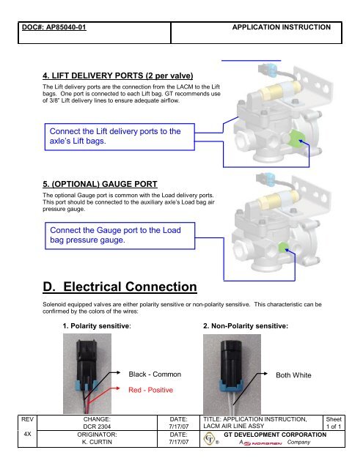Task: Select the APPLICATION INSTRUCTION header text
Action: (x=282, y=27)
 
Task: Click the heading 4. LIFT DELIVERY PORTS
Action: (x=117, y=75)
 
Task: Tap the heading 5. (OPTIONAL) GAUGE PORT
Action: (x=100, y=184)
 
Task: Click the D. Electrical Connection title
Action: (x=120, y=287)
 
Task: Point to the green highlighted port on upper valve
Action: (x=297, y=139)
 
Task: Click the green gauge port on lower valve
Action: (x=283, y=247)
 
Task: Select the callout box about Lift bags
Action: (x=120, y=137)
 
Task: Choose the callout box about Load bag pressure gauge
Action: (x=120, y=236)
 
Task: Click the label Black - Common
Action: (x=155, y=374)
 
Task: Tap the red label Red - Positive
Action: (x=150, y=390)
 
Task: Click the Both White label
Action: (x=293, y=375)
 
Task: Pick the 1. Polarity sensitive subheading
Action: (x=97, y=325)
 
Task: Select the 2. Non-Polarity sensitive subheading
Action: (x=246, y=325)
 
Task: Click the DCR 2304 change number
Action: (x=97, y=426)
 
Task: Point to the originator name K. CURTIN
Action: (x=97, y=442)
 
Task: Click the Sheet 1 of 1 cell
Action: (x=334, y=423)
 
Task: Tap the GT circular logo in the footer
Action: (x=209, y=439)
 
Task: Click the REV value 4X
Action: (x=27, y=434)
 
